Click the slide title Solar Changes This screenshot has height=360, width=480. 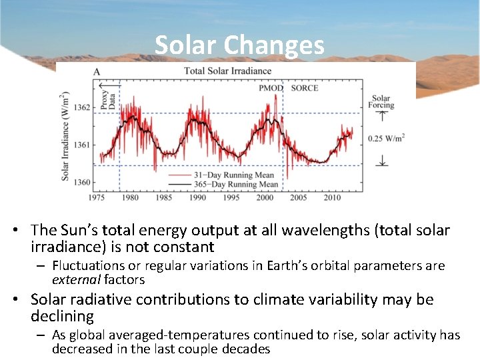tap(239, 45)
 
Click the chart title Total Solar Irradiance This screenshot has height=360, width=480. tap(227, 71)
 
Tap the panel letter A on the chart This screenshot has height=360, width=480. tap(97, 71)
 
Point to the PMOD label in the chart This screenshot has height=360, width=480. tap(271, 88)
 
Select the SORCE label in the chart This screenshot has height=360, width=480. tap(305, 88)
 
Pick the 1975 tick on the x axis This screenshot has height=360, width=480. tap(97, 198)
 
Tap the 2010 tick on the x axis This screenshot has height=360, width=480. tap(332, 198)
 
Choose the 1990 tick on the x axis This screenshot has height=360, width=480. tap(197, 198)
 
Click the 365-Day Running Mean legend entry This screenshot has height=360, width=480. tap(241, 184)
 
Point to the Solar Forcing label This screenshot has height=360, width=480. tap(381, 101)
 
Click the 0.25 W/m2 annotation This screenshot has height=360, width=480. tap(386, 138)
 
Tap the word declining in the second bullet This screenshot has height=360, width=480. tap(62, 316)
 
